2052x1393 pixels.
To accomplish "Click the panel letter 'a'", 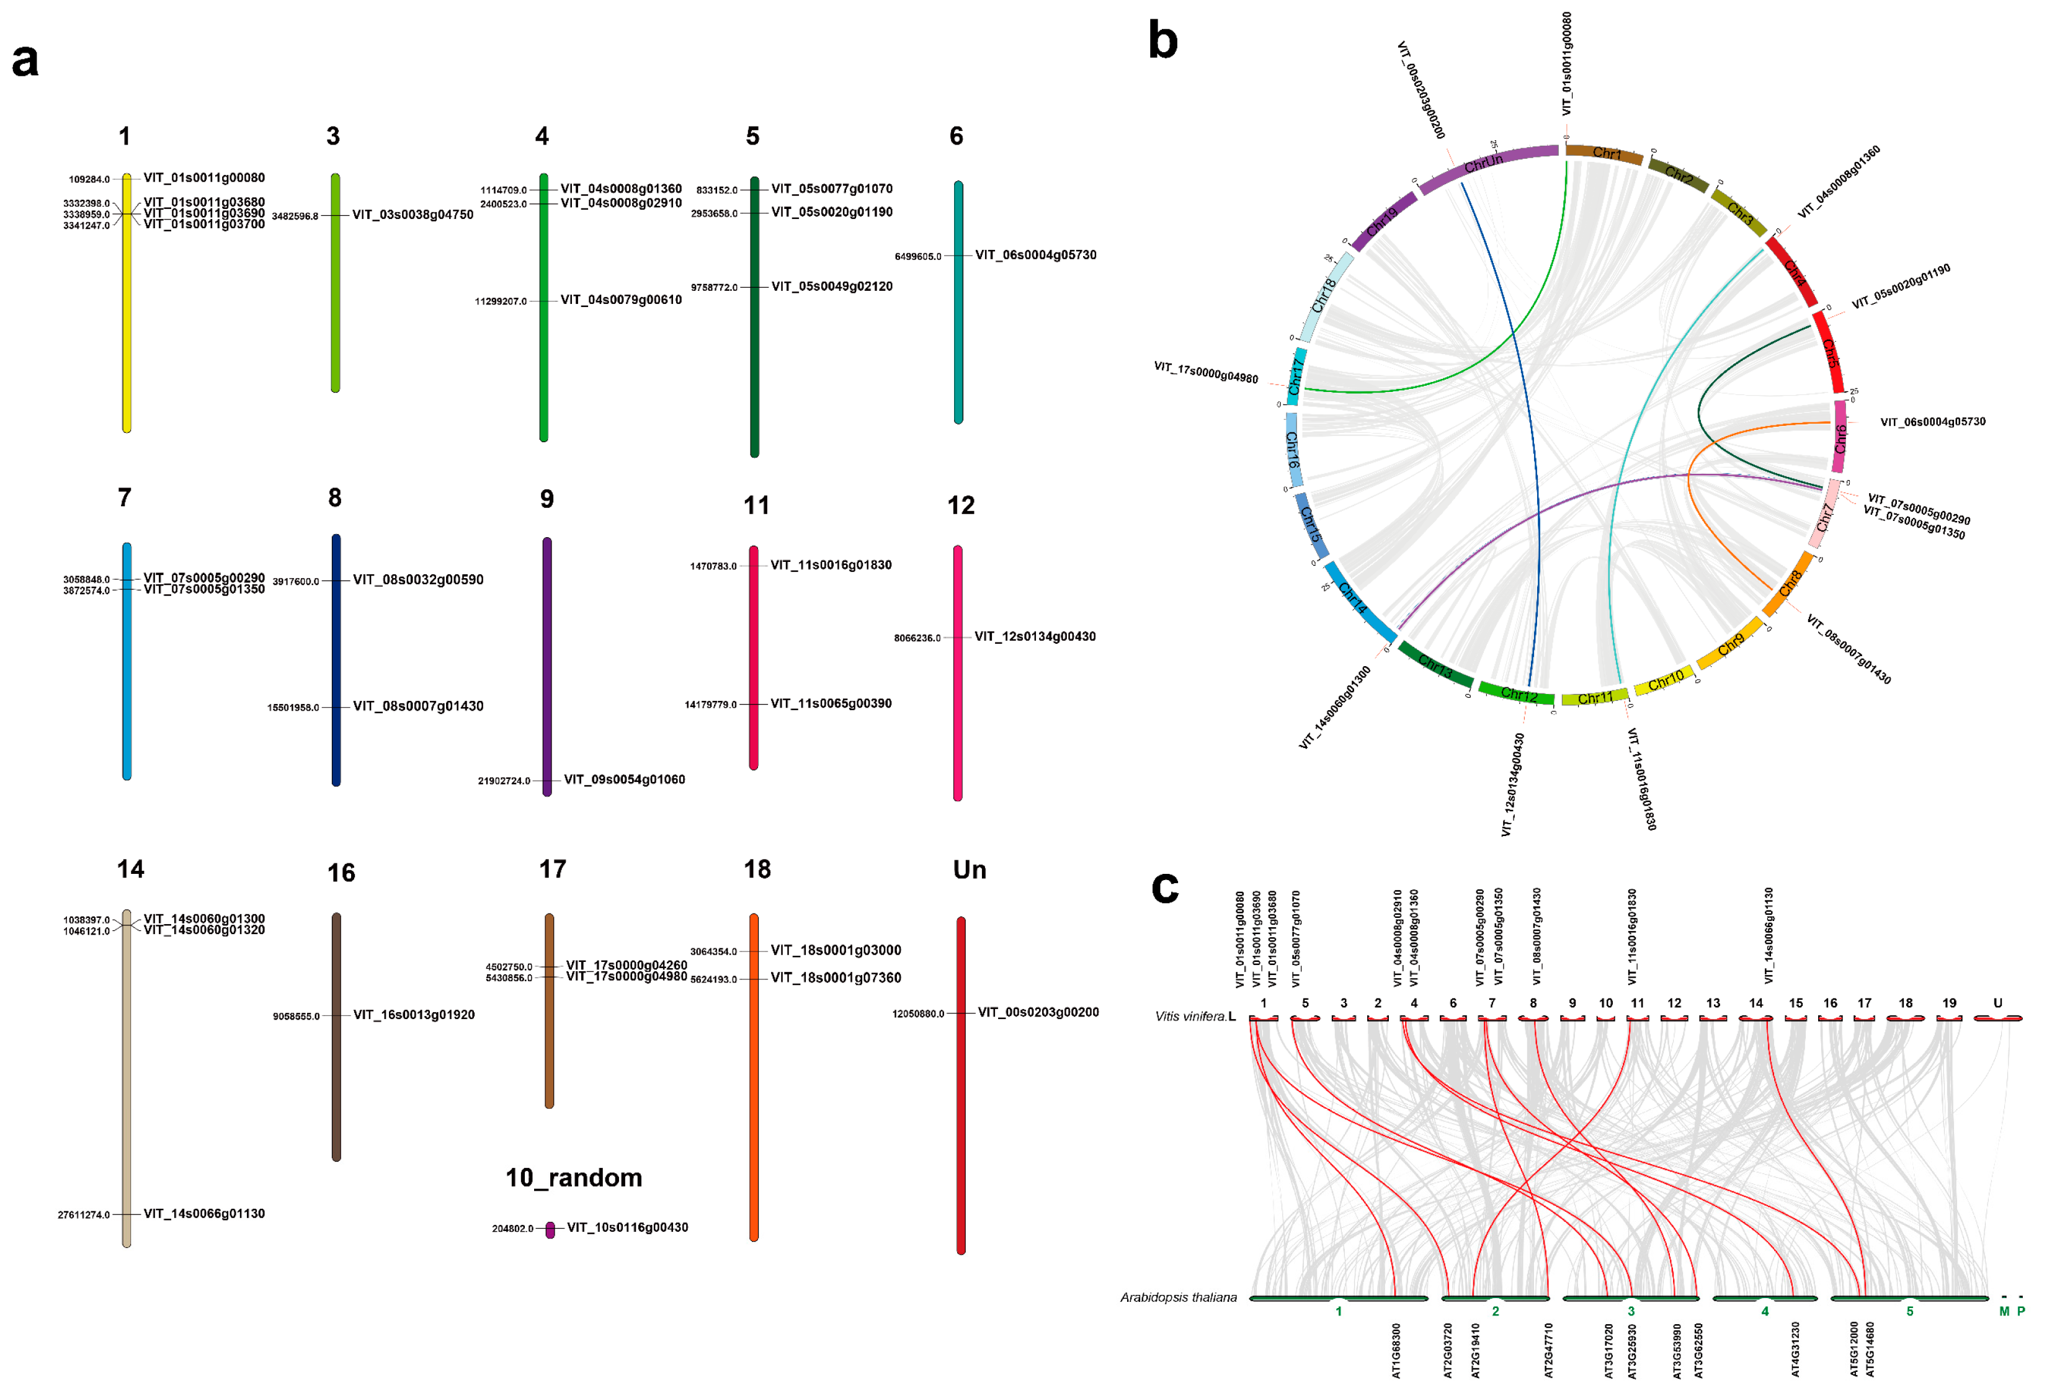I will [x=25, y=62].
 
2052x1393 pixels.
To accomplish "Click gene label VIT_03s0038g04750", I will [x=413, y=215].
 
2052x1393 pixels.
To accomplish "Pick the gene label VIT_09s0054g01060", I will [x=624, y=780].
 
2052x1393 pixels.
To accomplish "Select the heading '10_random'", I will [x=573, y=1178].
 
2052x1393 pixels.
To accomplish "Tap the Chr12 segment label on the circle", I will [x=1519, y=695].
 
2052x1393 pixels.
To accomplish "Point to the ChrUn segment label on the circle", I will [x=1483, y=162].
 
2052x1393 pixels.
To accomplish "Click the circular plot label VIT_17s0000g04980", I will [x=1205, y=372].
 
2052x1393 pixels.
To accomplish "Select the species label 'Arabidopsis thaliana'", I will [x=1178, y=1297].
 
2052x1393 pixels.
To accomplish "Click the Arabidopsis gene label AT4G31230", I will [x=1795, y=1349].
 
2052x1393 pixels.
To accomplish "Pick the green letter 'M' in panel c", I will [x=2004, y=1312].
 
